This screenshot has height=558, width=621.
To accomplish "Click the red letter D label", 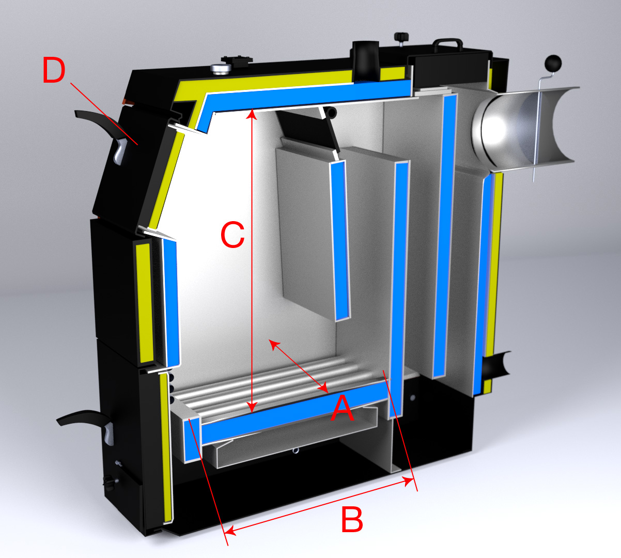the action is [54, 70].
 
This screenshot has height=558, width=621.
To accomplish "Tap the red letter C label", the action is [232, 235].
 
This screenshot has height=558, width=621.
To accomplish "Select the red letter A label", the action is [343, 408].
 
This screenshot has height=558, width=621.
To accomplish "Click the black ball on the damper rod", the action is [553, 64].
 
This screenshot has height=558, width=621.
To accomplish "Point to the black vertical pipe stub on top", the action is [365, 61].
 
